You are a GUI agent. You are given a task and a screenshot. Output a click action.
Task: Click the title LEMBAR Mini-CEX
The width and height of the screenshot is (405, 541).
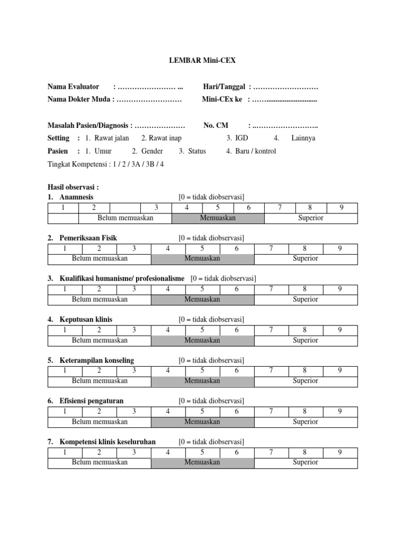pyautogui.click(x=202, y=61)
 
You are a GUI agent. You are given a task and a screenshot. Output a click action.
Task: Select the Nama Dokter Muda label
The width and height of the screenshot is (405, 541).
pyautogui.click(x=79, y=99)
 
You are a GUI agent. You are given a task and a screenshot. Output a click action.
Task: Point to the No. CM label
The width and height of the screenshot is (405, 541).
pyautogui.click(x=216, y=126)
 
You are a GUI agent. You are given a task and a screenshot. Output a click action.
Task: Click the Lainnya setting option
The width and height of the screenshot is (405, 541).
pyautogui.click(x=303, y=138)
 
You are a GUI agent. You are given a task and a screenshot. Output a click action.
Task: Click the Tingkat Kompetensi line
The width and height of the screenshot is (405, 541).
pyautogui.click(x=105, y=164)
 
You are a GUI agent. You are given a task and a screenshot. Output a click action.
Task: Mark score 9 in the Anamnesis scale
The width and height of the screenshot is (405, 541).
pyautogui.click(x=342, y=208)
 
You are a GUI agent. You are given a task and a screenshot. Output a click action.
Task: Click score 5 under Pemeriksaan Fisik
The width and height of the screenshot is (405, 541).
pyautogui.click(x=202, y=248)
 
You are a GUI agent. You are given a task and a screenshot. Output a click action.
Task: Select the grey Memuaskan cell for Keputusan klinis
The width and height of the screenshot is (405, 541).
pyautogui.click(x=202, y=340)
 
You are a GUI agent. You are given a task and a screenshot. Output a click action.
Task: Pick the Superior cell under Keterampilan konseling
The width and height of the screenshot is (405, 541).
pyautogui.click(x=305, y=381)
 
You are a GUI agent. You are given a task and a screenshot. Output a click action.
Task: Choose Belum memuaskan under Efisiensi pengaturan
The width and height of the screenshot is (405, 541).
pyautogui.click(x=100, y=422)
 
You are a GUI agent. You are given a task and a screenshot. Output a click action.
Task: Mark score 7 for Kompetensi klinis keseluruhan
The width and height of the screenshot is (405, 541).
pyautogui.click(x=271, y=452)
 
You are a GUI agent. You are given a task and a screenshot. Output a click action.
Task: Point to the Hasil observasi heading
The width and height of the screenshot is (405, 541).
pyautogui.click(x=73, y=187)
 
